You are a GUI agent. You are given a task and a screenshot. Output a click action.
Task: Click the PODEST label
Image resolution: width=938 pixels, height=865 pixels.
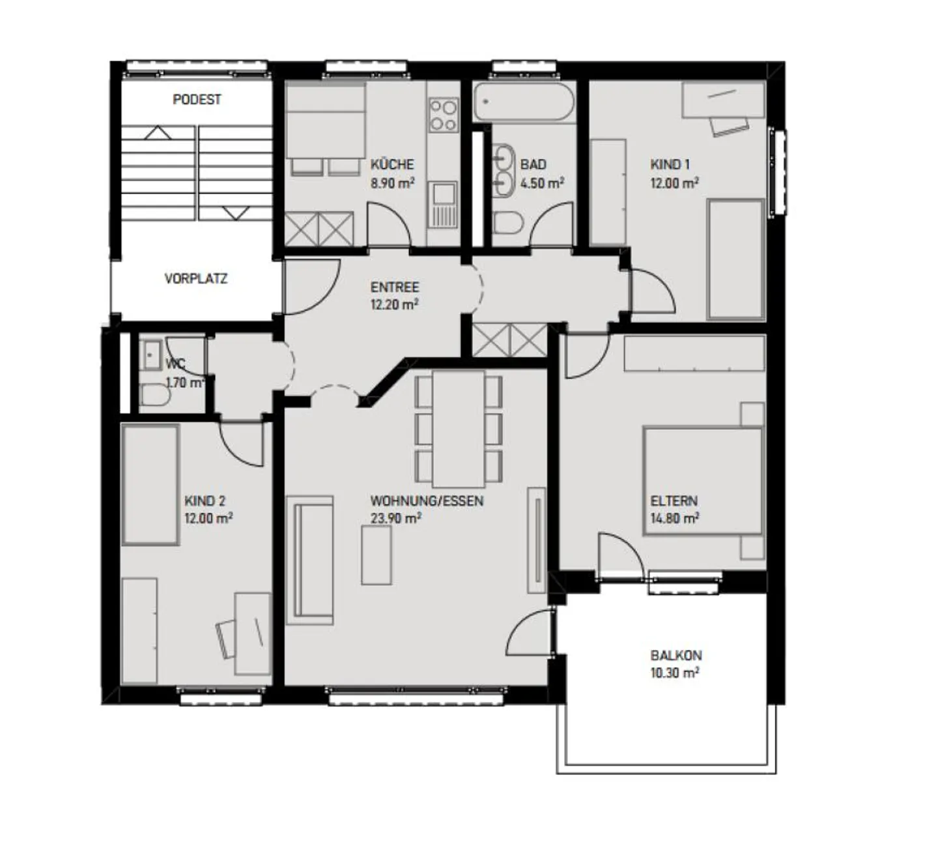pyautogui.click(x=197, y=100)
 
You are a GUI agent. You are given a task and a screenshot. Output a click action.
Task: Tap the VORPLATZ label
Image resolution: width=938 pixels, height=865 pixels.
pyautogui.click(x=195, y=279)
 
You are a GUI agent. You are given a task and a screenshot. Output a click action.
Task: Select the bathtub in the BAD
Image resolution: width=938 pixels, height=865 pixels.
pyautogui.click(x=524, y=102)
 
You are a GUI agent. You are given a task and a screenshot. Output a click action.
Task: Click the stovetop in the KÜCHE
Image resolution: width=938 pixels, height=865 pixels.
pyautogui.click(x=443, y=115)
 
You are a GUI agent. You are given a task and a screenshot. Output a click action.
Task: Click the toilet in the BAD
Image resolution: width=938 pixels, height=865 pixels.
pyautogui.click(x=508, y=224)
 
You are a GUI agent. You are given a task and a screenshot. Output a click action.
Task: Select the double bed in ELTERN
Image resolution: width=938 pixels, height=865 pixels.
pyautogui.click(x=702, y=481)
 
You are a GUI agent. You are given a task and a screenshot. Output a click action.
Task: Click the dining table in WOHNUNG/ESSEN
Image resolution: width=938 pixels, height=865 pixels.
pyautogui.click(x=459, y=428)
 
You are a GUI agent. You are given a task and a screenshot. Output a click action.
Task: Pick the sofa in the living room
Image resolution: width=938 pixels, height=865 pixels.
pyautogui.click(x=310, y=560)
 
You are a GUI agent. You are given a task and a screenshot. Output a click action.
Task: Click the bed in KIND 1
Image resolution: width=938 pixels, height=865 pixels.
pyautogui.click(x=735, y=259)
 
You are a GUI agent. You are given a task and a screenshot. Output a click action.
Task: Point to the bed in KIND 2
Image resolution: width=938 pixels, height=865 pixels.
pyautogui.click(x=150, y=484)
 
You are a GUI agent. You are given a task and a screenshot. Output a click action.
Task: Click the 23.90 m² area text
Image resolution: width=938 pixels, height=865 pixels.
pyautogui.click(x=395, y=519)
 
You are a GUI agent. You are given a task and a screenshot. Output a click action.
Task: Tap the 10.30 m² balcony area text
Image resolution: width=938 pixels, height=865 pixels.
pyautogui.click(x=675, y=673)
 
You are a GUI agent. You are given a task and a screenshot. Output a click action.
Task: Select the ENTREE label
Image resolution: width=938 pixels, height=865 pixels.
pyautogui.click(x=395, y=287)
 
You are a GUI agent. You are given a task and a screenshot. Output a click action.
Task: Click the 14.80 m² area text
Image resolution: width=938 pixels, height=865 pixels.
pyautogui.click(x=675, y=519)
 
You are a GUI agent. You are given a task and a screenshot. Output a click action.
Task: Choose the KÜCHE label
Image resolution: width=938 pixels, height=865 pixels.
pyautogui.click(x=392, y=165)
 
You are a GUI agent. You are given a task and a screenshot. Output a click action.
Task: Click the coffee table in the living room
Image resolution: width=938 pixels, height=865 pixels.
pyautogui.click(x=377, y=555)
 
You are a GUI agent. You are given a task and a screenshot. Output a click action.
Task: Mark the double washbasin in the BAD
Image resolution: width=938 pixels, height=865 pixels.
pyautogui.click(x=503, y=169)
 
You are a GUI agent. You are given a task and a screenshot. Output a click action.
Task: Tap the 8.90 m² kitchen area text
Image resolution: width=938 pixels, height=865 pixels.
pyautogui.click(x=393, y=183)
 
